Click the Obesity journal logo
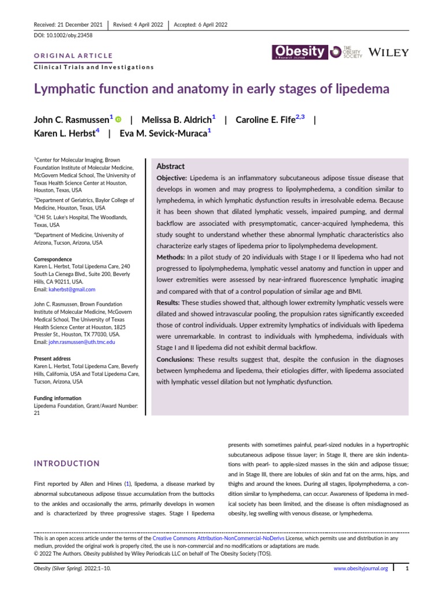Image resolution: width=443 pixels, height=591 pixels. pos(300,53)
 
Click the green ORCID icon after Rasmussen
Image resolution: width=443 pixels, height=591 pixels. pos(118,119)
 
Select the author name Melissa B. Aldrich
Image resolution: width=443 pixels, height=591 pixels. pos(178,119)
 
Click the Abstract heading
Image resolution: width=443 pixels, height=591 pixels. pos(171,166)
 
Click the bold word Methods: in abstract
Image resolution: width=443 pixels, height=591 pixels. pos(174,256)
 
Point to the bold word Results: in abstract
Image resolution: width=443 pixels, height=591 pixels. pos(172,302)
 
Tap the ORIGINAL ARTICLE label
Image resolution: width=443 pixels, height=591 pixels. pos(73,56)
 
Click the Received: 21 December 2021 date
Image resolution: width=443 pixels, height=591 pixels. pos(69,24)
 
